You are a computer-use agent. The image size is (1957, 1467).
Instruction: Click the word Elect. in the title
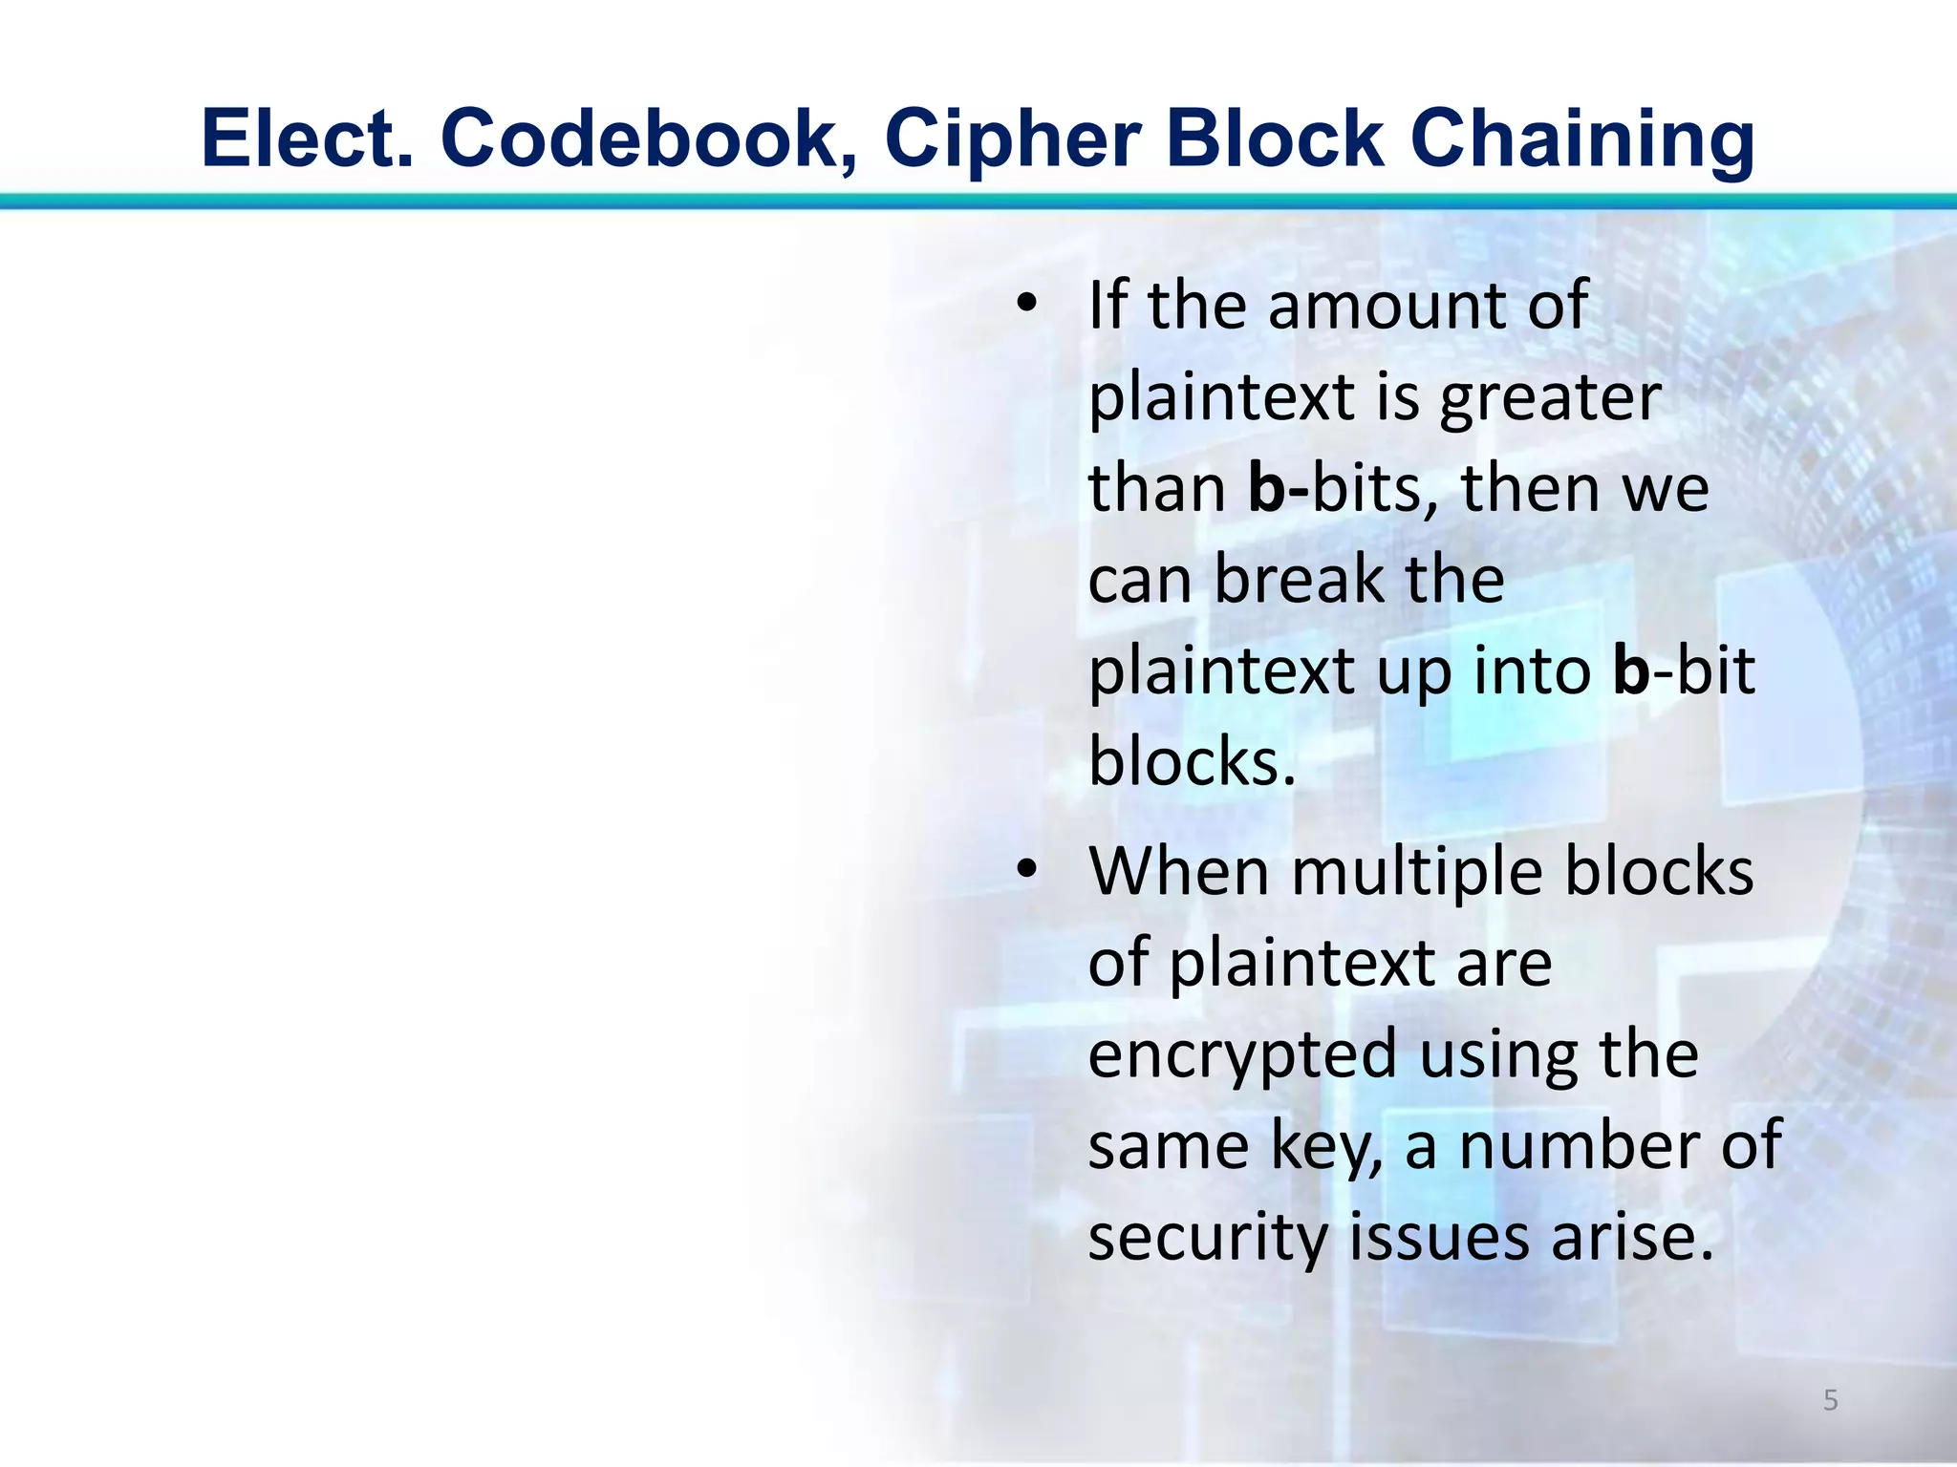[x=308, y=138]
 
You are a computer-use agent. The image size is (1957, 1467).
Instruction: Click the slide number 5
[x=1830, y=1400]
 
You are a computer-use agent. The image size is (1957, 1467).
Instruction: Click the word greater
[x=1550, y=399]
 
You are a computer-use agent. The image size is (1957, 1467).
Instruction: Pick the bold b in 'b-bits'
[x=1267, y=488]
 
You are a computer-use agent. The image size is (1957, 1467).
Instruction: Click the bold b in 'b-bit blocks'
[x=1631, y=670]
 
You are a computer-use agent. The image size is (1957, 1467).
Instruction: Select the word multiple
[x=1416, y=873]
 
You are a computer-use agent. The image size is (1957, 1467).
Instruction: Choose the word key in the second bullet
[x=1327, y=1146]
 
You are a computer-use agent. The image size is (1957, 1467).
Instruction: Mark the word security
[x=1208, y=1238]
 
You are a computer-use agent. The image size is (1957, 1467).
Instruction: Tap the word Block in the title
[x=1288, y=138]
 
